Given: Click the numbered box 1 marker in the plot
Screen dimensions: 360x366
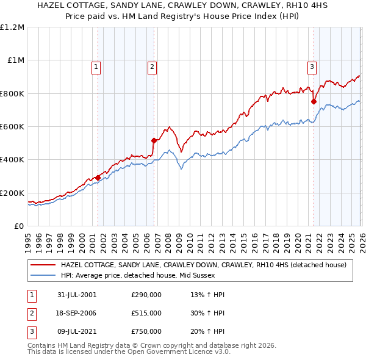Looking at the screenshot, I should click(x=97, y=68).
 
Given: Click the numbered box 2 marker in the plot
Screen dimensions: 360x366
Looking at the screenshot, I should click(x=152, y=68).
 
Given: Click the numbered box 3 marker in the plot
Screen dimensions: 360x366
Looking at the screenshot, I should click(x=312, y=68).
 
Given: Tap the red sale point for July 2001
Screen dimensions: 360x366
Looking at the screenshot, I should click(x=98, y=178).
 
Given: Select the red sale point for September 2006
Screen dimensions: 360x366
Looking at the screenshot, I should click(x=154, y=140).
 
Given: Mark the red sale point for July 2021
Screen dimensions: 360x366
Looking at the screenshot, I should click(x=314, y=102).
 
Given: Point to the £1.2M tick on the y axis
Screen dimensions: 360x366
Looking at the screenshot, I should click(x=12, y=27).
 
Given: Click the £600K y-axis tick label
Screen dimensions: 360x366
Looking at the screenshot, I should click(x=12, y=127).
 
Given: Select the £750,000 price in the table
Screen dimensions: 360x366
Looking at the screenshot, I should click(x=146, y=331).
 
